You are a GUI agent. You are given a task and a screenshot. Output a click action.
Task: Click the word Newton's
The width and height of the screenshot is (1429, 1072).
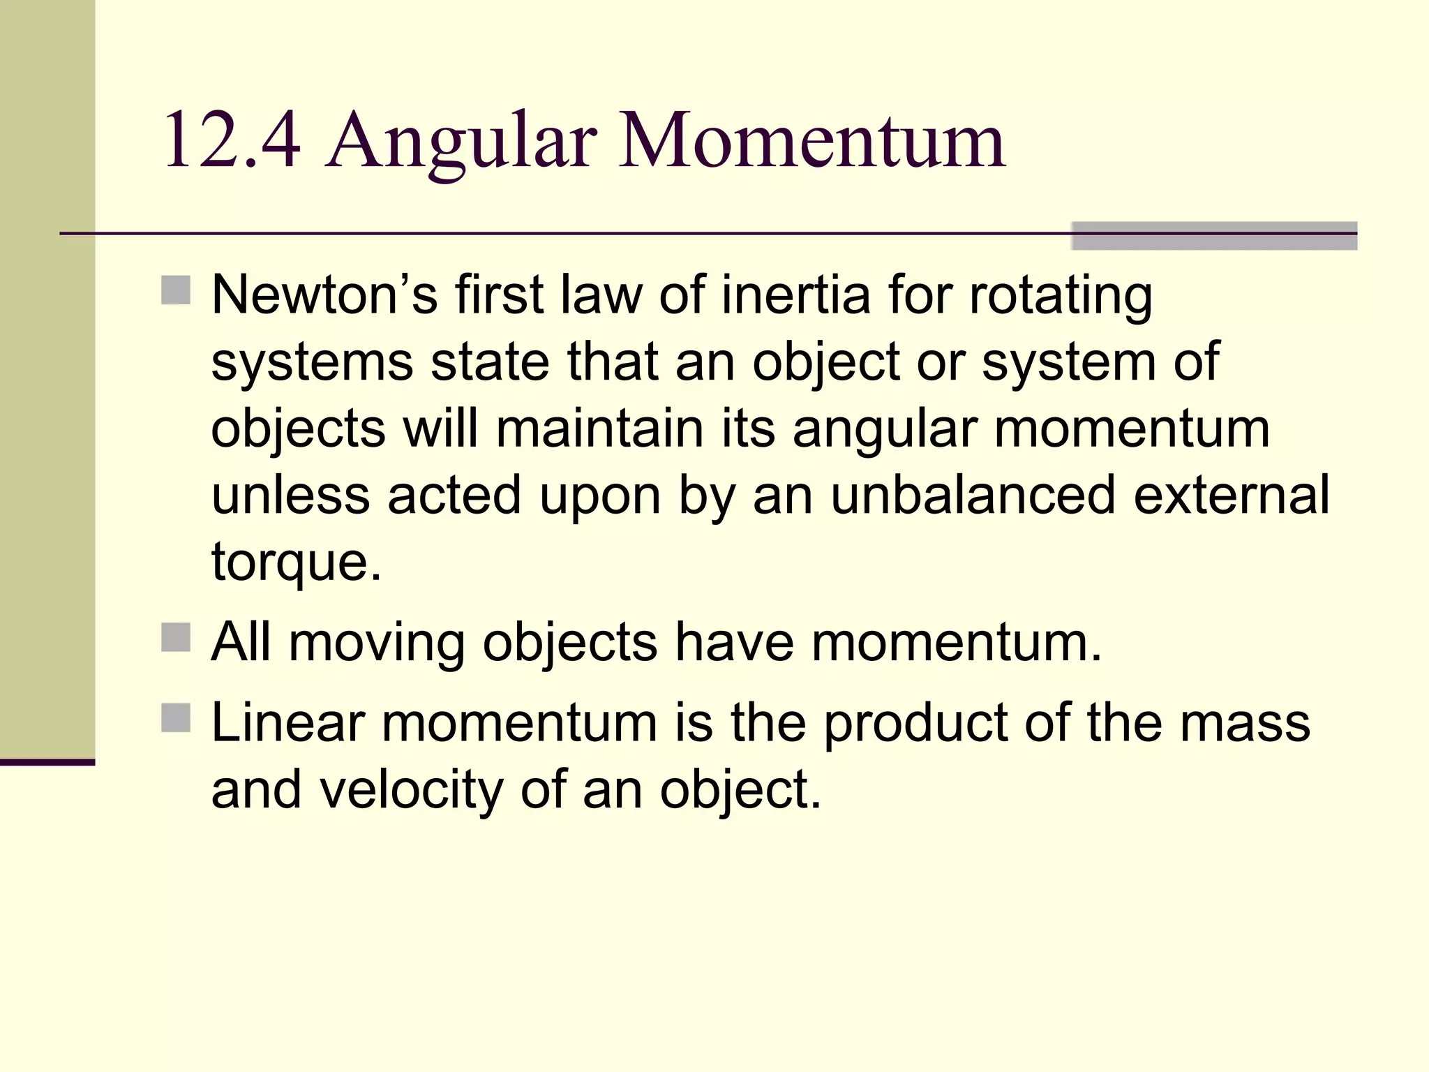click(324, 295)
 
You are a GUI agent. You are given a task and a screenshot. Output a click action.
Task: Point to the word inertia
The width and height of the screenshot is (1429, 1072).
click(796, 295)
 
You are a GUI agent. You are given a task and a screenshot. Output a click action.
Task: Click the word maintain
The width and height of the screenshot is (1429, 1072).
click(599, 429)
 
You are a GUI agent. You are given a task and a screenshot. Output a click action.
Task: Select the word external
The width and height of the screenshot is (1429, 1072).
click(1232, 495)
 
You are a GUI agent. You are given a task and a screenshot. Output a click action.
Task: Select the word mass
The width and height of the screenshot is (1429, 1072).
click(1245, 722)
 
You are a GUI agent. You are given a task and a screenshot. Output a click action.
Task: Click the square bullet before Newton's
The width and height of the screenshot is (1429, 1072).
click(176, 290)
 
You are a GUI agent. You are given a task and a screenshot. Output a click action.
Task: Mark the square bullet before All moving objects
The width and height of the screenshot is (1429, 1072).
click(176, 637)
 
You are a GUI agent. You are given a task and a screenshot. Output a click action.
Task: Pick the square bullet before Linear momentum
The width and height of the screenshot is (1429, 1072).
click(176, 717)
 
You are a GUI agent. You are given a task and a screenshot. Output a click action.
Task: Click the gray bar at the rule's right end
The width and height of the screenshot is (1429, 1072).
click(1213, 236)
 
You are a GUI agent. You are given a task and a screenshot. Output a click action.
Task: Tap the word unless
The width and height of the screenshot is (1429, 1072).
click(290, 495)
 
